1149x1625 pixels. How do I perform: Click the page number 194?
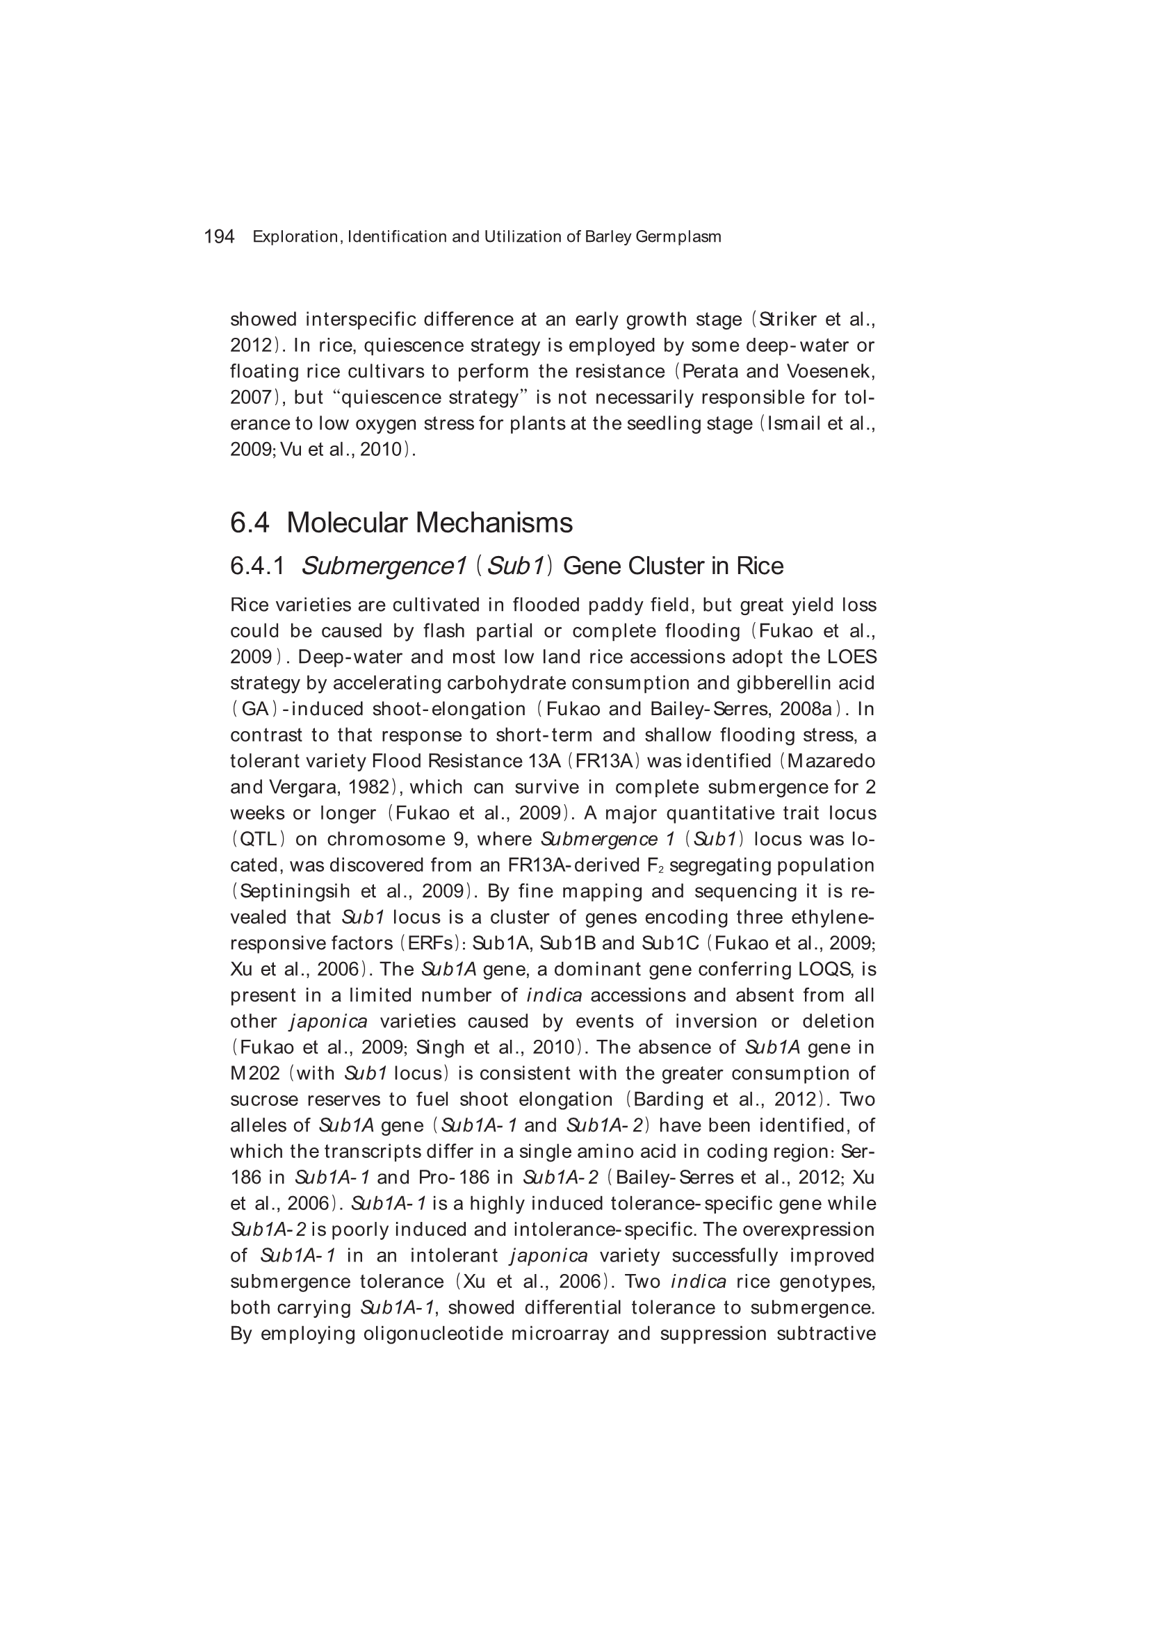(x=219, y=236)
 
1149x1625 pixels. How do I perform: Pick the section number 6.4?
(x=250, y=523)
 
